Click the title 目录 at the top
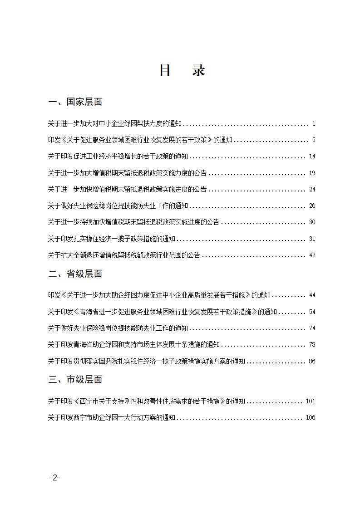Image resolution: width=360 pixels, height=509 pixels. click(182, 71)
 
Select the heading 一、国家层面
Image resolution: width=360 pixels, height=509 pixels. click(75, 102)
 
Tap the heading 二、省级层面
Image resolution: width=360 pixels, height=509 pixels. click(75, 274)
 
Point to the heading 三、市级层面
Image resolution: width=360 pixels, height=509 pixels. click(75, 380)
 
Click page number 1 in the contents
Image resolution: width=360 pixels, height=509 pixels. click(314, 124)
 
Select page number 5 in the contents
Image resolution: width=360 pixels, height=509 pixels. click(314, 140)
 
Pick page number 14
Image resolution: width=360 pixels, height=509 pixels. click(312, 157)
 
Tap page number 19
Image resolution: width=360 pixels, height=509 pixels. click(312, 173)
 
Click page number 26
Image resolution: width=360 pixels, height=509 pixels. click(312, 206)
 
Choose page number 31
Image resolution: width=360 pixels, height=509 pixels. click(312, 239)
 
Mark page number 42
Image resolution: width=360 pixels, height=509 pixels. click(312, 255)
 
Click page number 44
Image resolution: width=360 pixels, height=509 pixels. click(312, 295)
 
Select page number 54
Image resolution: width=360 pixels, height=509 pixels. click(312, 312)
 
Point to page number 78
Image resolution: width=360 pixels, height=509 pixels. click(312, 345)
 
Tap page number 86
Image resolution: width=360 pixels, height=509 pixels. click(312, 362)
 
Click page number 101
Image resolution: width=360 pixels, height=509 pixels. click(311, 401)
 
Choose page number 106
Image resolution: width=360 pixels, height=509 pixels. click(311, 418)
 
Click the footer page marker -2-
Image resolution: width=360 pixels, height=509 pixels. click(54, 478)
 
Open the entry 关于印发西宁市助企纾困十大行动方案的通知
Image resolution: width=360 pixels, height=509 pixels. click(112, 418)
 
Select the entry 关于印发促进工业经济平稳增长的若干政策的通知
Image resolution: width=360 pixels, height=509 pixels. click(118, 157)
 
